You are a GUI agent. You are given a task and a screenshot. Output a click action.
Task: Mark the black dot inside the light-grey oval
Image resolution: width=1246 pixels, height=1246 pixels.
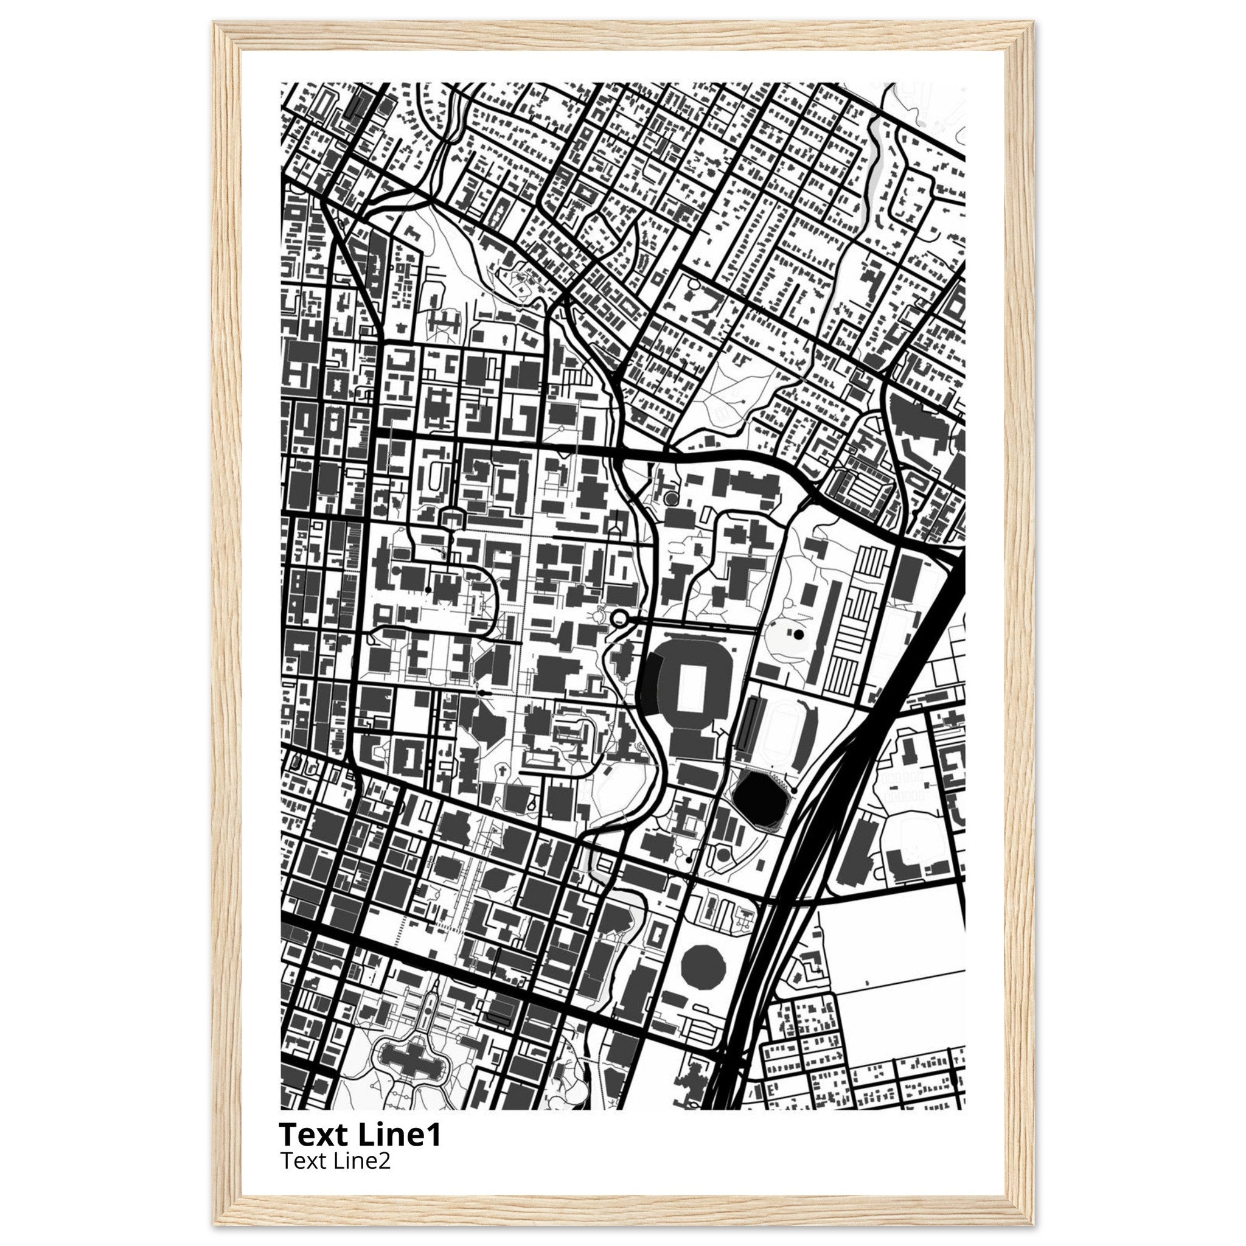click(x=799, y=635)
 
